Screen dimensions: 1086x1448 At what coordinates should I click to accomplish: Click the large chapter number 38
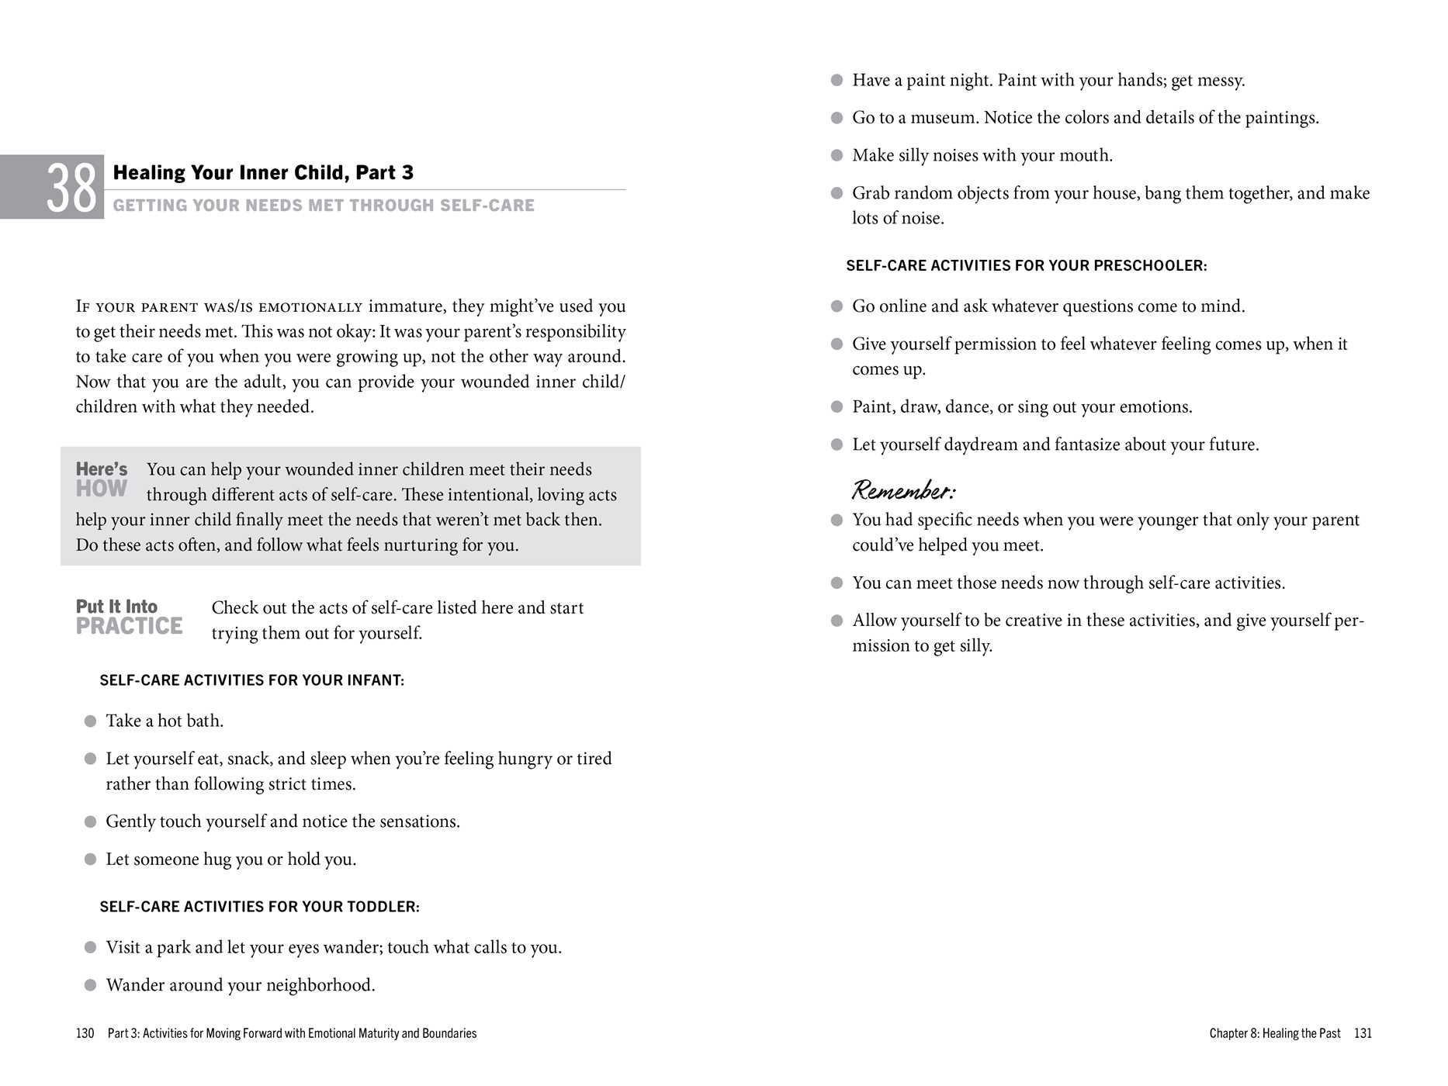point(71,188)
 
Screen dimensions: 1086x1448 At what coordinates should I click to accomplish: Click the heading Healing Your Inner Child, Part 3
point(263,172)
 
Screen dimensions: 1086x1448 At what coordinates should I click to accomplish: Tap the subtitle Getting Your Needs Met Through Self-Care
point(324,206)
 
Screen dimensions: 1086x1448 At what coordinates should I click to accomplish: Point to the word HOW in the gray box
point(102,489)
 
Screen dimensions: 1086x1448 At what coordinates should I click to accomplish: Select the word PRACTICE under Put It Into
point(129,626)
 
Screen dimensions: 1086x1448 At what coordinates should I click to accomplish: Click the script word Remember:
point(903,490)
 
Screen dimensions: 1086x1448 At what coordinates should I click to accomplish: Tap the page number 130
point(85,1033)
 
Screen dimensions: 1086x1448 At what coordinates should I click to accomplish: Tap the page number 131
point(1363,1033)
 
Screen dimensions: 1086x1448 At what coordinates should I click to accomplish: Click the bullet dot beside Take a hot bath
point(90,721)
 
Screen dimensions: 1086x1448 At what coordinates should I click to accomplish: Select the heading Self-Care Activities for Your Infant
point(251,680)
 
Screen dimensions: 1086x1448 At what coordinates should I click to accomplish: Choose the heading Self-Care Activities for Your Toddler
point(259,907)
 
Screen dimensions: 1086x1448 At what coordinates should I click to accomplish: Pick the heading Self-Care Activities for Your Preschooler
point(1026,265)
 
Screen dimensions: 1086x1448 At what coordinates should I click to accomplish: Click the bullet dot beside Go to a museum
point(837,118)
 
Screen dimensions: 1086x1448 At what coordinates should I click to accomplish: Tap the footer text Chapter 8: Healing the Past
point(1274,1033)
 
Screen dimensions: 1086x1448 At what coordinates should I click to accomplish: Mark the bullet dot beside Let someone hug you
point(90,859)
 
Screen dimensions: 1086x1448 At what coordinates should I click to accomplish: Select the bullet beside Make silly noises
point(837,155)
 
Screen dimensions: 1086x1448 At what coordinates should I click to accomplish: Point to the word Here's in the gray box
point(102,469)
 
